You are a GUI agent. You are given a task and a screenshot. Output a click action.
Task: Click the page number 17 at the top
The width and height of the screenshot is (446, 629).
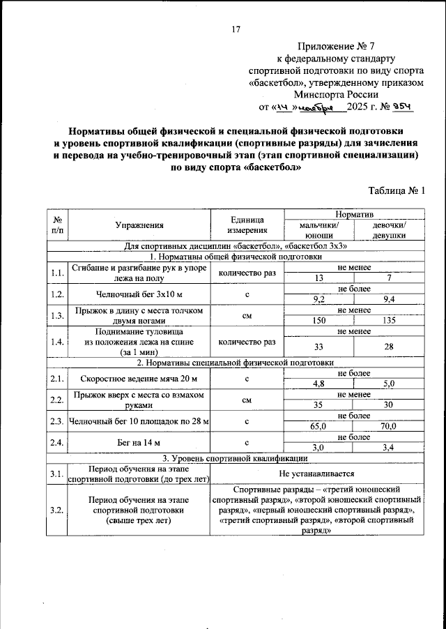point(236,29)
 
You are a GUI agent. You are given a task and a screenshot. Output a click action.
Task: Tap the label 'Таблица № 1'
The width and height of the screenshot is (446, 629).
point(395,190)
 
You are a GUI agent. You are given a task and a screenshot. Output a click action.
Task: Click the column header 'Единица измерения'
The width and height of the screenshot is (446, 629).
point(247,225)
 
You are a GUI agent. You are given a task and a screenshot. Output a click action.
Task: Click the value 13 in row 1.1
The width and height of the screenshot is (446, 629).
point(318,278)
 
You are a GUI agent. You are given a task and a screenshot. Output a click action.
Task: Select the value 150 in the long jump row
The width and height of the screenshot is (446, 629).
point(318,321)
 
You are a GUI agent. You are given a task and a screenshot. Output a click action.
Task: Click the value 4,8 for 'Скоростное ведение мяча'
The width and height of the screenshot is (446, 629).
point(318,384)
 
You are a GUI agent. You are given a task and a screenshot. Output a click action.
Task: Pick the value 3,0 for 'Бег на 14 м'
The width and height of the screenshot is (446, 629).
point(318,448)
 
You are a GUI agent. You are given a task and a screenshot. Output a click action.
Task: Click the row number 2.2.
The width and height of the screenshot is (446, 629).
point(57,400)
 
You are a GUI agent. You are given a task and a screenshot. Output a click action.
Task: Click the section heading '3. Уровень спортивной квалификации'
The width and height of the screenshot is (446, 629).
point(236,458)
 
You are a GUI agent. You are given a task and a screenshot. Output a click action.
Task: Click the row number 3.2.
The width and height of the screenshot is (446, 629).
point(57,510)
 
